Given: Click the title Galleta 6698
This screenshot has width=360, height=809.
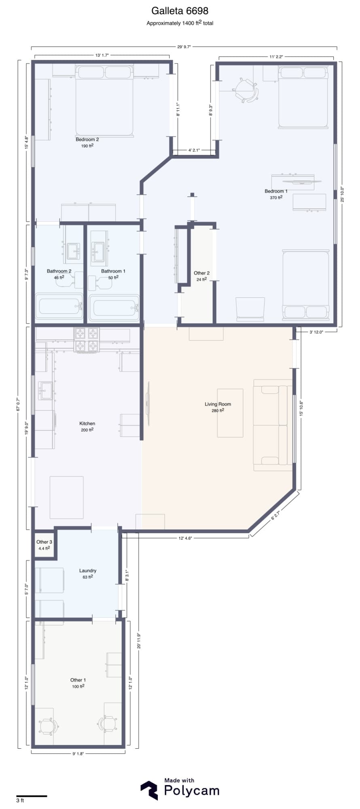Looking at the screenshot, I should tap(180, 11).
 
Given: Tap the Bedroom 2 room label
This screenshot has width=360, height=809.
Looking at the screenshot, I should tap(87, 140).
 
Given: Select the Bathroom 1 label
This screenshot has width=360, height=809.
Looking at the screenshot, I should tap(113, 271).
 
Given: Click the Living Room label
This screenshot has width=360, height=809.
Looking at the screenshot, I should tap(218, 404).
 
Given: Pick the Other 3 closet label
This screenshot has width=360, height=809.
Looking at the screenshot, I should tap(44, 542).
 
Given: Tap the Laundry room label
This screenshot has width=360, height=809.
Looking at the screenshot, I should tap(88, 571).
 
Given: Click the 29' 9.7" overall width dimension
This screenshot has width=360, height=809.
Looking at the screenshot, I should tap(184, 47).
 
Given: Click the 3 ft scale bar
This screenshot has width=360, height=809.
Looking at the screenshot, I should tap(31, 796).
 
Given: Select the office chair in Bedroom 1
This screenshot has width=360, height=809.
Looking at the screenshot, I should tap(246, 90).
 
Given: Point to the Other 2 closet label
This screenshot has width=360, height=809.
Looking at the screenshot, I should tap(201, 273).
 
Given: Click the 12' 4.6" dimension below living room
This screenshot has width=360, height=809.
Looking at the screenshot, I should tap(185, 538).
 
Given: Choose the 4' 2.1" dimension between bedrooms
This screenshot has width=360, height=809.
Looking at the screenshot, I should tap(195, 150).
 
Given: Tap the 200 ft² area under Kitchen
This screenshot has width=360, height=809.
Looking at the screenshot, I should tap(87, 430).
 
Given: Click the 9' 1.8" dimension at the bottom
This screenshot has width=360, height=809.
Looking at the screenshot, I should tap(78, 754).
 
